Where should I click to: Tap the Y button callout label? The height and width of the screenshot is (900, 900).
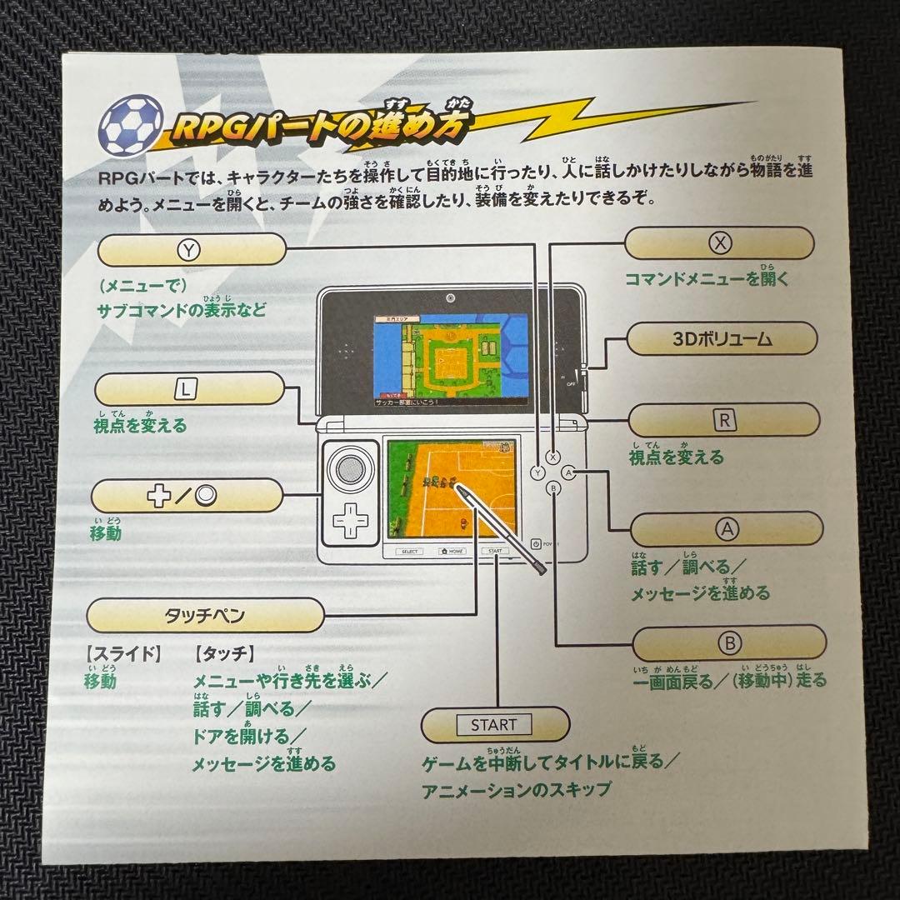coord(191,248)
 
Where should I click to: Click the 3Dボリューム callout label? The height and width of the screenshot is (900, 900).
coord(722,339)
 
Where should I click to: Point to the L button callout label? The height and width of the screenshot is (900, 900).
coord(188,389)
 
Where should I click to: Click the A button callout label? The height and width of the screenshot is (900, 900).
coord(727,528)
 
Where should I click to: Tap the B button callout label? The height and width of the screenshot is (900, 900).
coord(728,642)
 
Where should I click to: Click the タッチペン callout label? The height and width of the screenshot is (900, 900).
coord(205,617)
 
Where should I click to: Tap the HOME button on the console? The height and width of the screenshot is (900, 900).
coord(452,552)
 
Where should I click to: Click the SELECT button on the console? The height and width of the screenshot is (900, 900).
coord(409,552)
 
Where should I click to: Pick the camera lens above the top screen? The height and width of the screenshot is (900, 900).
coord(450,298)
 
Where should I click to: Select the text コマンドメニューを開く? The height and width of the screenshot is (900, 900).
coord(707,279)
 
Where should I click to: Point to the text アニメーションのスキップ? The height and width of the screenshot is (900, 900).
coord(516,788)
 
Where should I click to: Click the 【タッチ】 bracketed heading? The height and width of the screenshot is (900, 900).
coord(222,653)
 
